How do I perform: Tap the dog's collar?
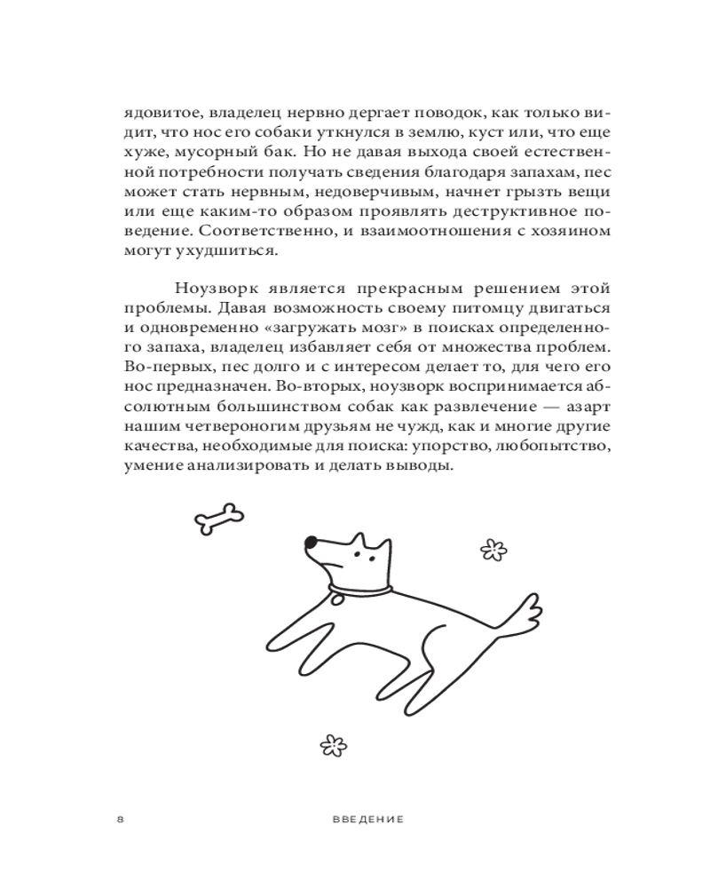pos(359,589)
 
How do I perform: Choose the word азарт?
pos(588,405)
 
